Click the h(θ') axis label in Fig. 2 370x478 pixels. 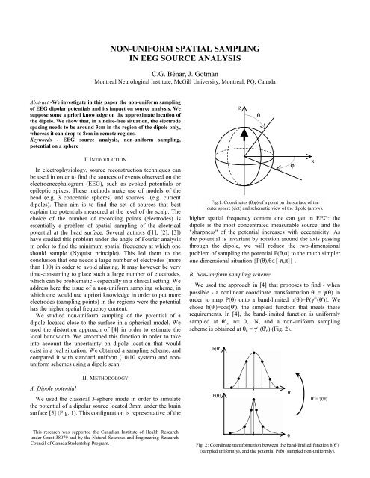pyautogui.click(x=221, y=348)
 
